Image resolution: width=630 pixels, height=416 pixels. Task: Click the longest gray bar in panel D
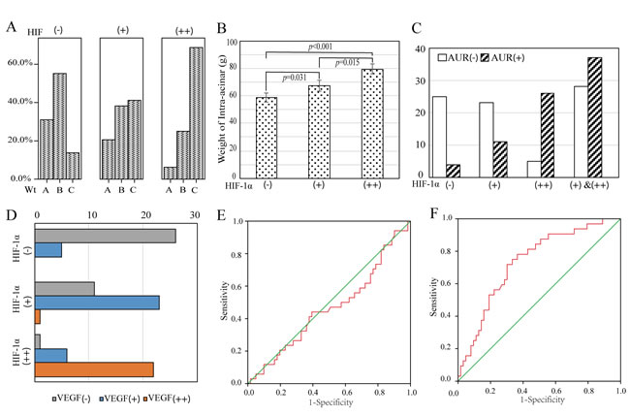point(106,236)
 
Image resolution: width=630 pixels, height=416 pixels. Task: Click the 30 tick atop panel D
point(197,214)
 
